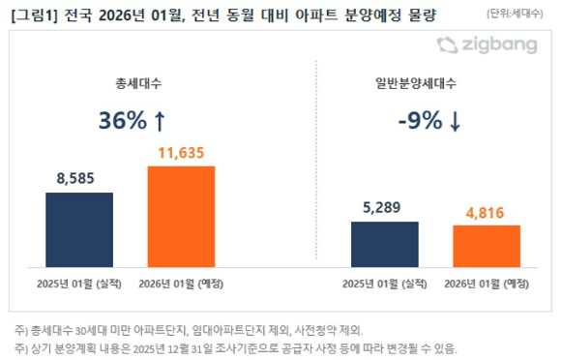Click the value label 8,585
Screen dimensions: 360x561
pyautogui.click(x=79, y=179)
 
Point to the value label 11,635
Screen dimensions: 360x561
pyautogui.click(x=181, y=152)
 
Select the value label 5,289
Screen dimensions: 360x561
pyautogui.click(x=385, y=208)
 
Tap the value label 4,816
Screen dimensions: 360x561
pyautogui.click(x=487, y=212)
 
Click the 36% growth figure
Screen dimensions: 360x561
pyautogui.click(x=123, y=120)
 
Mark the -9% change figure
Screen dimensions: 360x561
pyautogui.click(x=418, y=120)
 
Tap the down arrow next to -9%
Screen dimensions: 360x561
pyautogui.click(x=455, y=120)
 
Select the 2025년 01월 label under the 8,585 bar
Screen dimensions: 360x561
pyautogui.click(x=79, y=285)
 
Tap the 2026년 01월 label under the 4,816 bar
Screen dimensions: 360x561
pyautogui.click(x=487, y=285)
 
